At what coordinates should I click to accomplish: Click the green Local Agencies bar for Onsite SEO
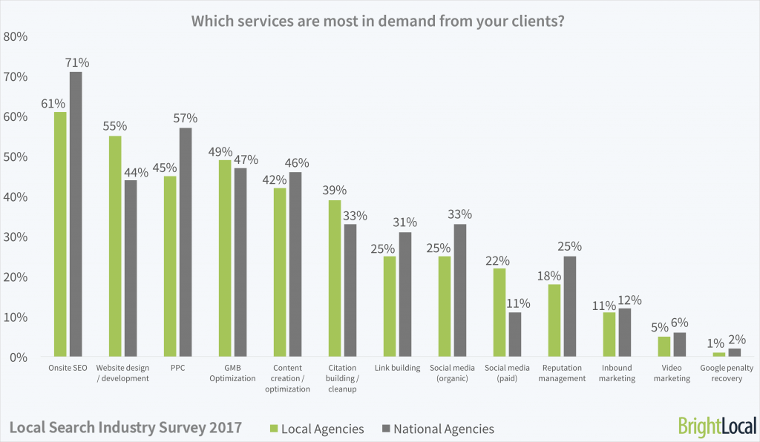pyautogui.click(x=60, y=234)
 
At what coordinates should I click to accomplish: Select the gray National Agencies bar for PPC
pyautogui.click(x=185, y=243)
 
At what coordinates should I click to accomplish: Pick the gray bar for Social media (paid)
pyautogui.click(x=514, y=334)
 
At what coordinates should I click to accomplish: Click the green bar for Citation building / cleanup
pyautogui.click(x=334, y=278)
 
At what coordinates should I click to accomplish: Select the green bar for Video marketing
pyautogui.click(x=664, y=346)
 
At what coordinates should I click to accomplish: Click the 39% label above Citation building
pyautogui.click(x=334, y=191)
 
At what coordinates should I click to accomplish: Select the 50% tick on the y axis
pyautogui.click(x=16, y=157)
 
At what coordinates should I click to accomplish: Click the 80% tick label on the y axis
pyautogui.click(x=16, y=37)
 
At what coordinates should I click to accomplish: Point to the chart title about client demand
pyautogui.click(x=379, y=21)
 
